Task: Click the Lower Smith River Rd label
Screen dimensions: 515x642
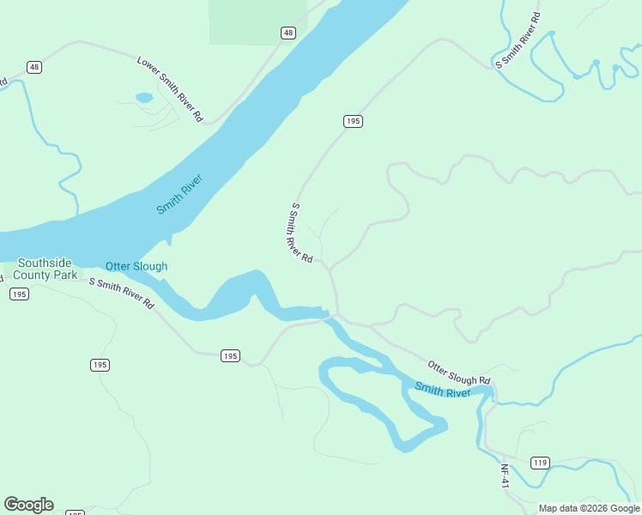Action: click(170, 88)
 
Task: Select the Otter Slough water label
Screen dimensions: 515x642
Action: click(136, 266)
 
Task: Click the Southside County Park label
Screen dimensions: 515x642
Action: click(48, 270)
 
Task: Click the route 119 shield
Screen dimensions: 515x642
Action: click(539, 463)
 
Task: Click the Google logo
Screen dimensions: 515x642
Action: click(28, 505)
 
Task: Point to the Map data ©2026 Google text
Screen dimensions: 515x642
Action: click(589, 508)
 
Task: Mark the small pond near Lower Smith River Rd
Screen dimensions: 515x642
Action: click(144, 98)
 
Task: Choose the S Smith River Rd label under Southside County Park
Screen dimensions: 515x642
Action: click(121, 294)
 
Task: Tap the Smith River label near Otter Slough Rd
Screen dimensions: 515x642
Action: click(442, 390)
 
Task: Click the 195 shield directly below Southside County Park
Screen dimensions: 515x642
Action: click(19, 294)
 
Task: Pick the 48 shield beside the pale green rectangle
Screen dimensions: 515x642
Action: click(288, 33)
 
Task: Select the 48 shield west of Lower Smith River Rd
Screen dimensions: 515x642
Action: click(33, 67)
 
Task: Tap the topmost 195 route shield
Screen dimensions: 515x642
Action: click(353, 121)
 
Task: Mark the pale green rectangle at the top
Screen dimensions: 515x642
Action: click(257, 21)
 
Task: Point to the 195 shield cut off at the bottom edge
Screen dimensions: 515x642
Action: click(75, 512)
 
